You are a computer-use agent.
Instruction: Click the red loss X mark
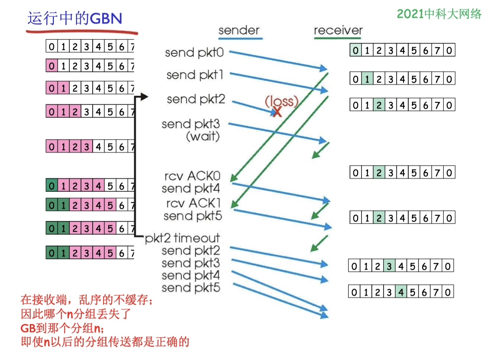pos(277,112)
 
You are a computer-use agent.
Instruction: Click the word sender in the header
pos(239,31)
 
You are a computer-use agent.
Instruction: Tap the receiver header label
pos(338,31)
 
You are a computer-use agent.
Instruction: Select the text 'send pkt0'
pos(194,52)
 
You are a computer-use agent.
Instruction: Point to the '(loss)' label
pos(281,101)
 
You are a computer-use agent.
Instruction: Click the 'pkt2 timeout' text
pos(183,238)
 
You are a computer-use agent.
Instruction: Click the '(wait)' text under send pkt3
pos(203,137)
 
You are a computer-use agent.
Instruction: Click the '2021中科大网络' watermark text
pos(439,14)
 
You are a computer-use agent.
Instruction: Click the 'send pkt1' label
pos(195,75)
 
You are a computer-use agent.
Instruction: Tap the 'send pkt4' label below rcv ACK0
pos(191,189)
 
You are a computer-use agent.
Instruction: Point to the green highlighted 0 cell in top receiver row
pos(356,50)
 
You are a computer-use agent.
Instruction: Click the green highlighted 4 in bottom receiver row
pos(401,291)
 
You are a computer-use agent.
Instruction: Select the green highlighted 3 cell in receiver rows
pos(388,266)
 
